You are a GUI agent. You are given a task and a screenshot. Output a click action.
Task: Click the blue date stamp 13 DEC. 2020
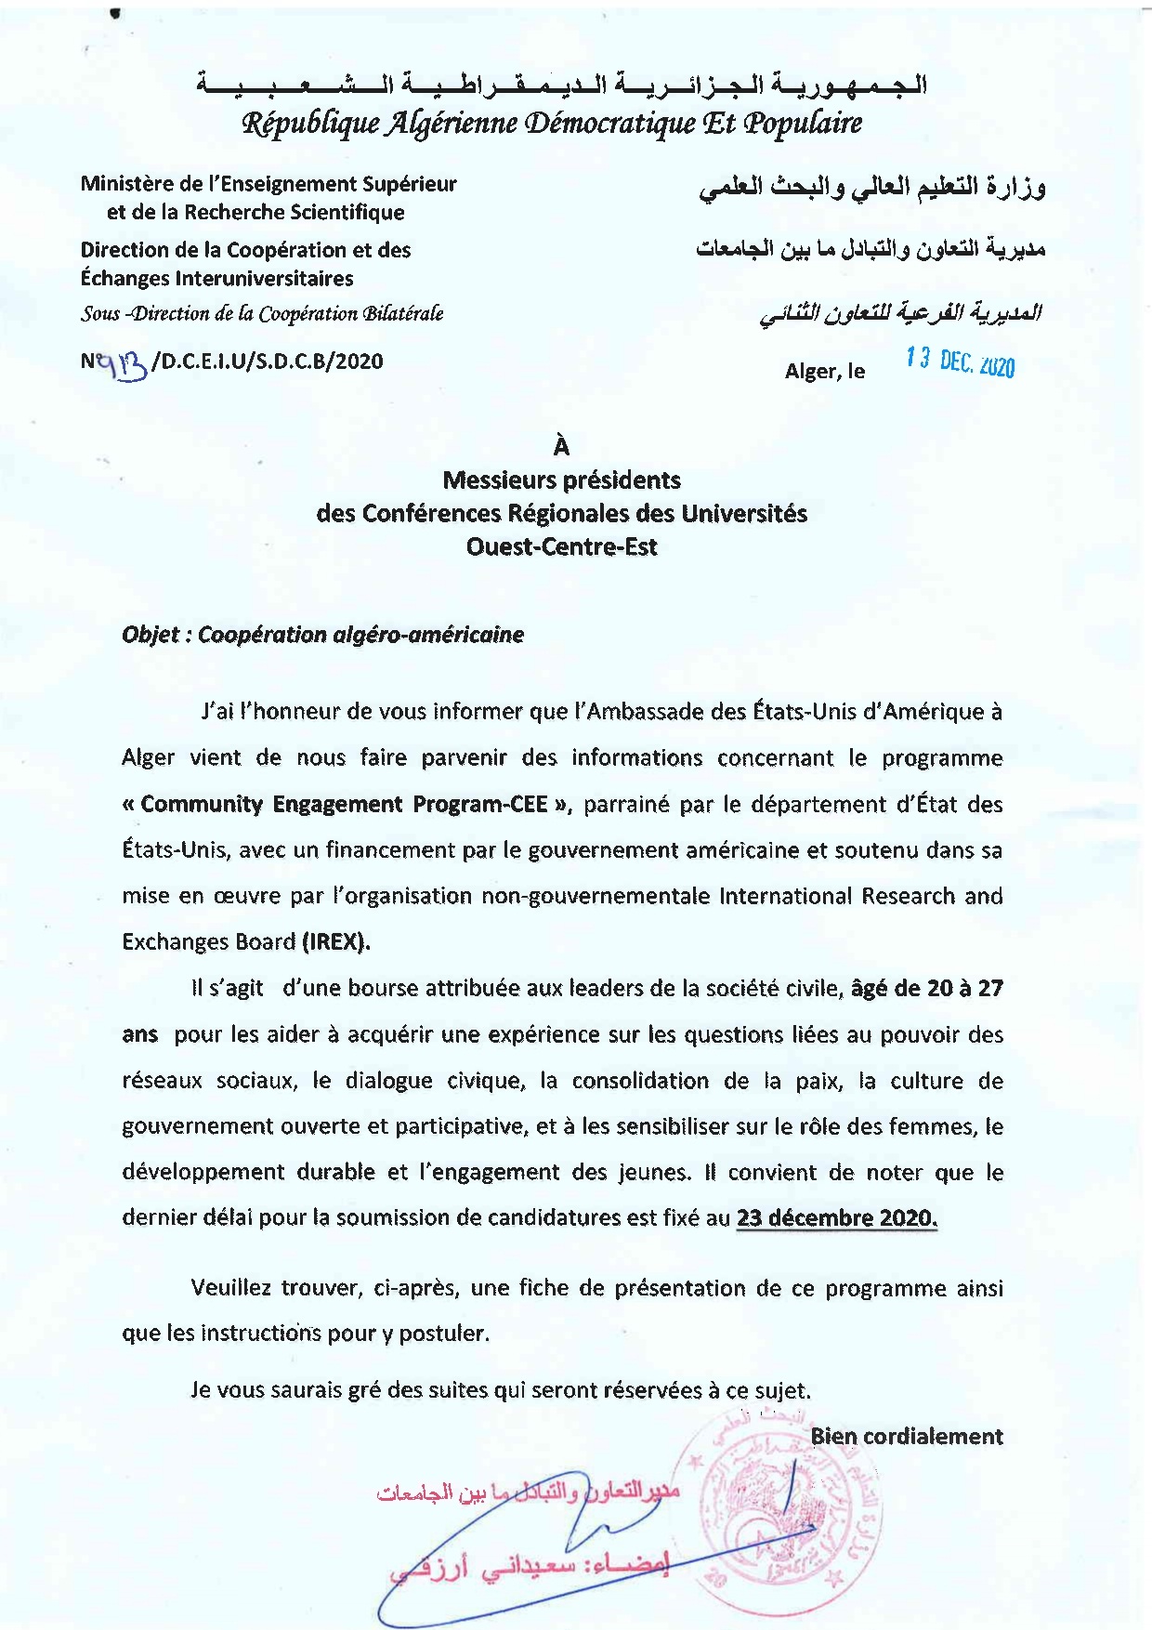coord(961,362)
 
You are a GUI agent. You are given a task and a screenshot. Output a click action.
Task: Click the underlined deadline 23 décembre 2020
coord(836,1218)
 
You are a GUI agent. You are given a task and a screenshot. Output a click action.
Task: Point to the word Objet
coord(151,635)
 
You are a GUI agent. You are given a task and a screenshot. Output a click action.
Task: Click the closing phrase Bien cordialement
coord(906,1437)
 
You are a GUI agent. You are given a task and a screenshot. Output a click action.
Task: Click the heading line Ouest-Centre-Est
coord(561,546)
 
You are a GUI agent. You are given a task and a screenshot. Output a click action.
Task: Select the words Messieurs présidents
coord(561,480)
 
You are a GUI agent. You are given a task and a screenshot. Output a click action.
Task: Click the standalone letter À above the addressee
coord(561,447)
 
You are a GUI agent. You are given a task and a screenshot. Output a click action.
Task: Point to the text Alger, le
coord(824,372)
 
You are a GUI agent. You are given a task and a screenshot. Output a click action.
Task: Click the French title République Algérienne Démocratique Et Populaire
coord(552,124)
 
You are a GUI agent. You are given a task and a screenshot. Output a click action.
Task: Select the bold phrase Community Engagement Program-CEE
coord(344,804)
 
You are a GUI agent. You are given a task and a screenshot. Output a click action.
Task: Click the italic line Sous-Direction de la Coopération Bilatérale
coord(261,314)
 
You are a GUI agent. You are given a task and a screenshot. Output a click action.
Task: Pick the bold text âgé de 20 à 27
coord(926,988)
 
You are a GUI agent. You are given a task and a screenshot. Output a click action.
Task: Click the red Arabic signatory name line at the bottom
coord(530,1567)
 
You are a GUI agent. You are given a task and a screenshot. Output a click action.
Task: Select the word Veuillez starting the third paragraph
coord(229,1288)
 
